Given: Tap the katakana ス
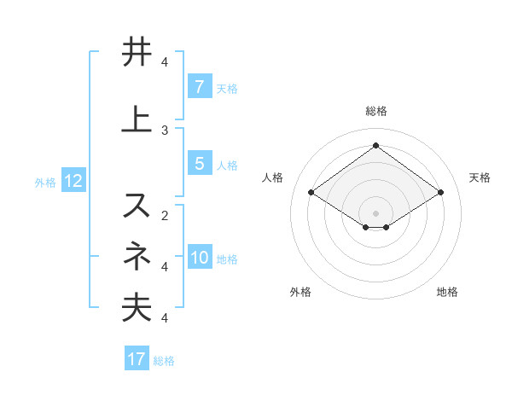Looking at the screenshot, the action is [x=137, y=205].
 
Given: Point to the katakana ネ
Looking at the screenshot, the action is [x=137, y=255].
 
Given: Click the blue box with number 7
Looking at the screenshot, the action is [x=199, y=87].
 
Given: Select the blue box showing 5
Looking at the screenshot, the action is [x=199, y=164].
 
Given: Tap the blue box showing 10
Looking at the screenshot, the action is [x=200, y=259].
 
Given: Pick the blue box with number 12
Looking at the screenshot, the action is [x=73, y=181].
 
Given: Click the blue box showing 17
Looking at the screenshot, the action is [x=137, y=359].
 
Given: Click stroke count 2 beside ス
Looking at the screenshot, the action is [x=165, y=215].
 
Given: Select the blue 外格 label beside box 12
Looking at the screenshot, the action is [x=45, y=182].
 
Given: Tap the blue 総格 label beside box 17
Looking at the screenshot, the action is [x=164, y=360].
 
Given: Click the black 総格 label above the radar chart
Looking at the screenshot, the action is [x=375, y=112].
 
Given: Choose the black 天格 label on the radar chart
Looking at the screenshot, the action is [x=480, y=177].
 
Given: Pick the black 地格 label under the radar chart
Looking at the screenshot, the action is [x=447, y=292].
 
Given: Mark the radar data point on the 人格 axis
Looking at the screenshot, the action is [x=311, y=193].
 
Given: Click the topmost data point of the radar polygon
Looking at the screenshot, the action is [x=375, y=146].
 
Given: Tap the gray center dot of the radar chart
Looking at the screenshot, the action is [x=375, y=212].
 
